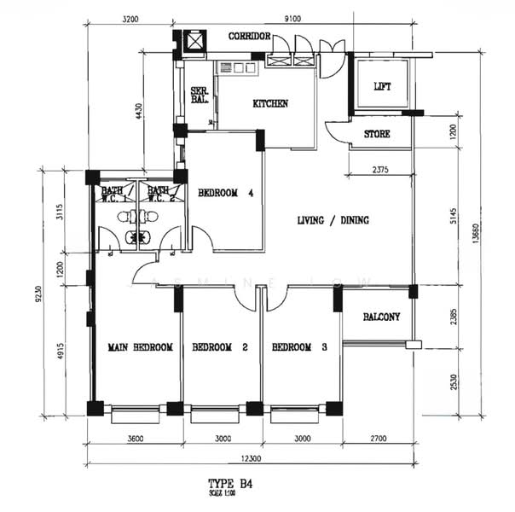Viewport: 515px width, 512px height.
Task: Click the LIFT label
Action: point(382,86)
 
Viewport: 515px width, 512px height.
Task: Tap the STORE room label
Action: point(377,135)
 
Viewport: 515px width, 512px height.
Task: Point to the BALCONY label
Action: point(381,317)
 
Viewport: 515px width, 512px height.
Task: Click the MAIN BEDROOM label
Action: point(141,347)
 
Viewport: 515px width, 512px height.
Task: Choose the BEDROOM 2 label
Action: point(220,347)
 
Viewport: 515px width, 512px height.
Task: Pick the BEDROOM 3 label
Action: point(299,347)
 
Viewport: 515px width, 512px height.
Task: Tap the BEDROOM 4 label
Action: point(226,193)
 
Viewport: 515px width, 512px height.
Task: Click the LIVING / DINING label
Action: point(333,220)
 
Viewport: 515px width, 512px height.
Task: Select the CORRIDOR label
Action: point(249,37)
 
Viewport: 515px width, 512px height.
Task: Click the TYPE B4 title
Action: point(230,483)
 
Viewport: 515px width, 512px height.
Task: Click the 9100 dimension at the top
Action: point(292,17)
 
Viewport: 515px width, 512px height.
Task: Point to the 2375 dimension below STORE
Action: point(380,170)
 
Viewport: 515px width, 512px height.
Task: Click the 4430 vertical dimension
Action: point(138,114)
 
